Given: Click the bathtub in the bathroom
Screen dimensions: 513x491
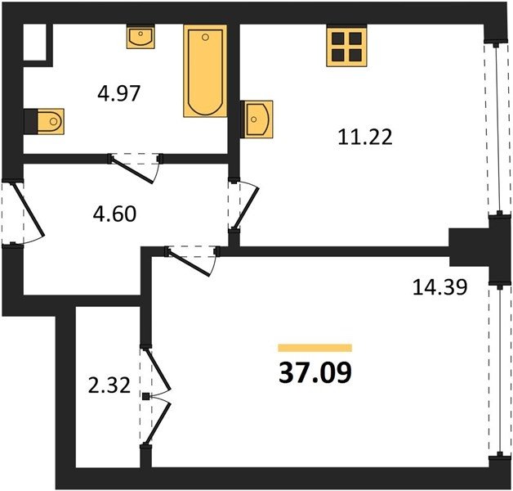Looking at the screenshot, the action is (x=205, y=71).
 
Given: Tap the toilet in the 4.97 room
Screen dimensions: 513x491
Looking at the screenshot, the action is (x=45, y=121).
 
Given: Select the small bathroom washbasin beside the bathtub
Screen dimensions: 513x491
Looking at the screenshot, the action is (x=141, y=37).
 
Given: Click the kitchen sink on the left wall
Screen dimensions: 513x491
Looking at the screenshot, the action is (x=256, y=119).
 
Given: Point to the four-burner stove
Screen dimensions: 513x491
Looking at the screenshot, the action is (x=347, y=47).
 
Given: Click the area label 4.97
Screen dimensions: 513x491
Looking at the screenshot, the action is (x=119, y=93).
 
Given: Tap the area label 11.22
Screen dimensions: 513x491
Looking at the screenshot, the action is (x=365, y=137).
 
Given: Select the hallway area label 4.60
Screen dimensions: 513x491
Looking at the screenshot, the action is (x=114, y=214).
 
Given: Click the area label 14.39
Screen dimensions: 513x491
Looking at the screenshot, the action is (x=439, y=287).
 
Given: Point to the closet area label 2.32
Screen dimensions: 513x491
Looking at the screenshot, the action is (x=109, y=385).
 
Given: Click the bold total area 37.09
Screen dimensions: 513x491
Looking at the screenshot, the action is (x=315, y=372).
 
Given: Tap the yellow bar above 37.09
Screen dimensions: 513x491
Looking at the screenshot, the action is (x=315, y=348).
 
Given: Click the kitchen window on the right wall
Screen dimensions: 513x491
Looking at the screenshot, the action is (x=497, y=128).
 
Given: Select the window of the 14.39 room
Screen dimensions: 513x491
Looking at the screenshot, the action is (x=500, y=371).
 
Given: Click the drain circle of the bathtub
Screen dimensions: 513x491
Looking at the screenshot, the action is (x=205, y=38).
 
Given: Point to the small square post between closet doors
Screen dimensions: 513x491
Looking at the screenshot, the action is (x=145, y=397).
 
